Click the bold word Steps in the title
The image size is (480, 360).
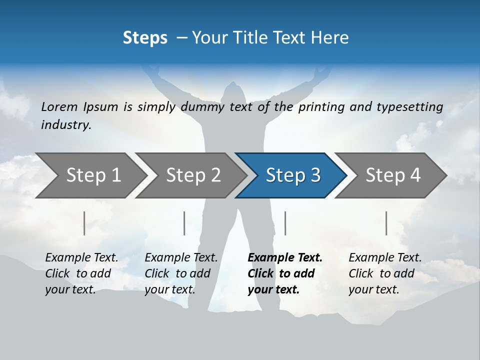(x=145, y=37)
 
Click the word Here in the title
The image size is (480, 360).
(x=330, y=37)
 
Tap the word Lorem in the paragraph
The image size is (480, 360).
(x=59, y=106)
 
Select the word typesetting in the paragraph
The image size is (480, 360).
(x=409, y=106)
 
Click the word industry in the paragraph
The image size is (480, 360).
(x=65, y=124)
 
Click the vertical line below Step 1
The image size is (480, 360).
(x=84, y=223)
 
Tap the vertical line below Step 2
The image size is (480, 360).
(x=184, y=223)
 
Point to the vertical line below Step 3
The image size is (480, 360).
(x=285, y=223)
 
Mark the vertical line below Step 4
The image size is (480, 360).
(x=386, y=223)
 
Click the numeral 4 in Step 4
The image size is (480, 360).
(x=415, y=175)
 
